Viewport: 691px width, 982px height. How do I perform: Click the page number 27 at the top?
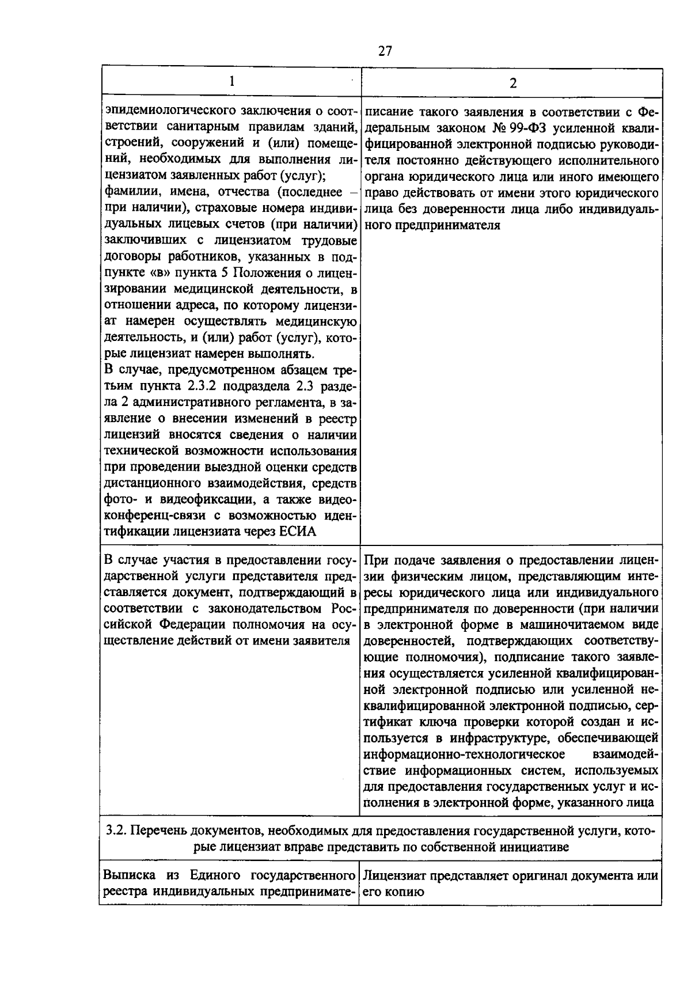pos(385,51)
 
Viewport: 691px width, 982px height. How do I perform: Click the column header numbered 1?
pos(231,81)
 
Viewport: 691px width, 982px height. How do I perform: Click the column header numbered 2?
pos(512,82)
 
